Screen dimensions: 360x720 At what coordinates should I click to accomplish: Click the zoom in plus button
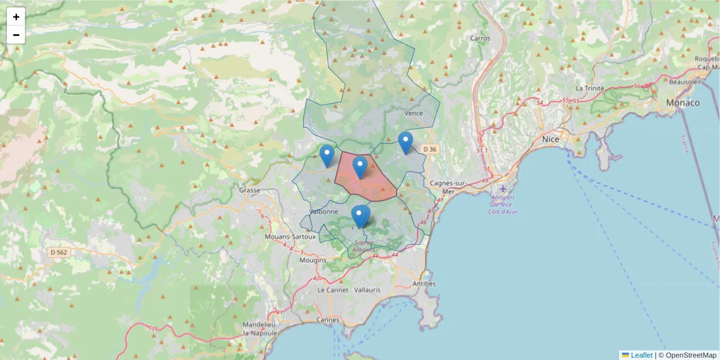click(16, 17)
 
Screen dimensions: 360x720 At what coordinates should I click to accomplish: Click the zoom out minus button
click(16, 35)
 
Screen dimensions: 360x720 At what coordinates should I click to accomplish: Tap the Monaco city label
click(683, 103)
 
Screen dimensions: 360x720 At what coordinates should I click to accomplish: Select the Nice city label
click(550, 139)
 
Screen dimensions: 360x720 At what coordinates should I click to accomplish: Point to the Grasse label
click(249, 190)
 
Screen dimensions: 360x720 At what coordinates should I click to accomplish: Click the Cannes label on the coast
click(328, 319)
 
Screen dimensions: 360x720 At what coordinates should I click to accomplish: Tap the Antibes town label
click(425, 283)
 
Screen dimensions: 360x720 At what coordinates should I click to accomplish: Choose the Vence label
click(414, 113)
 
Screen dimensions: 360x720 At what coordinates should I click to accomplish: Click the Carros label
click(480, 38)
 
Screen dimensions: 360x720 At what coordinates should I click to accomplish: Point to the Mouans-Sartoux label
click(290, 237)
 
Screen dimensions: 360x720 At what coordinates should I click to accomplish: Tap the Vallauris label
click(366, 290)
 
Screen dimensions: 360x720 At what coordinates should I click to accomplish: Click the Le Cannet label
click(329, 290)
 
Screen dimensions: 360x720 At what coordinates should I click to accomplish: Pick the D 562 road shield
click(59, 253)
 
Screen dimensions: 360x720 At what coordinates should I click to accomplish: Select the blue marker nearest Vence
click(406, 142)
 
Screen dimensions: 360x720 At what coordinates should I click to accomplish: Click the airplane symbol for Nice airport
click(503, 189)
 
